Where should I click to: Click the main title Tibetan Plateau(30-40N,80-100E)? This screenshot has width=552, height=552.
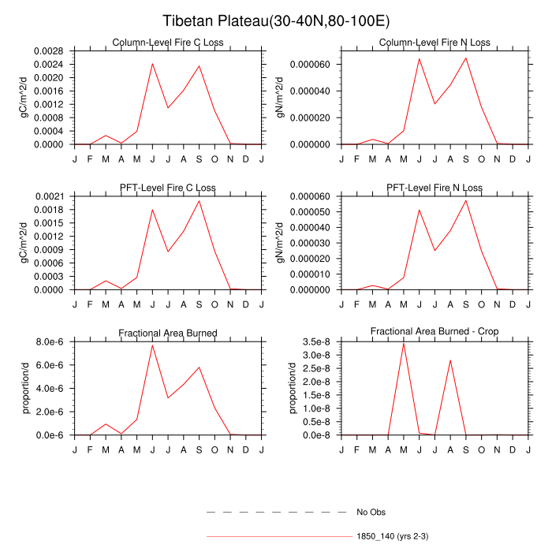(276, 21)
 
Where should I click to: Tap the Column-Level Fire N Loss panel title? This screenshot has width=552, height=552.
(435, 43)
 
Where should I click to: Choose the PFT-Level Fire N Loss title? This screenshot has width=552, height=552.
(435, 188)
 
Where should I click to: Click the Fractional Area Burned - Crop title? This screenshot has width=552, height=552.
(435, 332)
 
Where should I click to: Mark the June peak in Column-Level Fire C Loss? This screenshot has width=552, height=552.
(152, 64)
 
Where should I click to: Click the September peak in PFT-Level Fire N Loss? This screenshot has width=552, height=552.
(466, 200)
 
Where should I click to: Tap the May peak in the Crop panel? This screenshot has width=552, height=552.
(404, 343)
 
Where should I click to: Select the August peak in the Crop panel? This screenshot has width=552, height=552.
(450, 360)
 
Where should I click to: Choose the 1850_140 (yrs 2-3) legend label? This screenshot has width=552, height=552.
(392, 536)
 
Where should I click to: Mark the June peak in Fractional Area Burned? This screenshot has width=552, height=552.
(152, 345)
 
